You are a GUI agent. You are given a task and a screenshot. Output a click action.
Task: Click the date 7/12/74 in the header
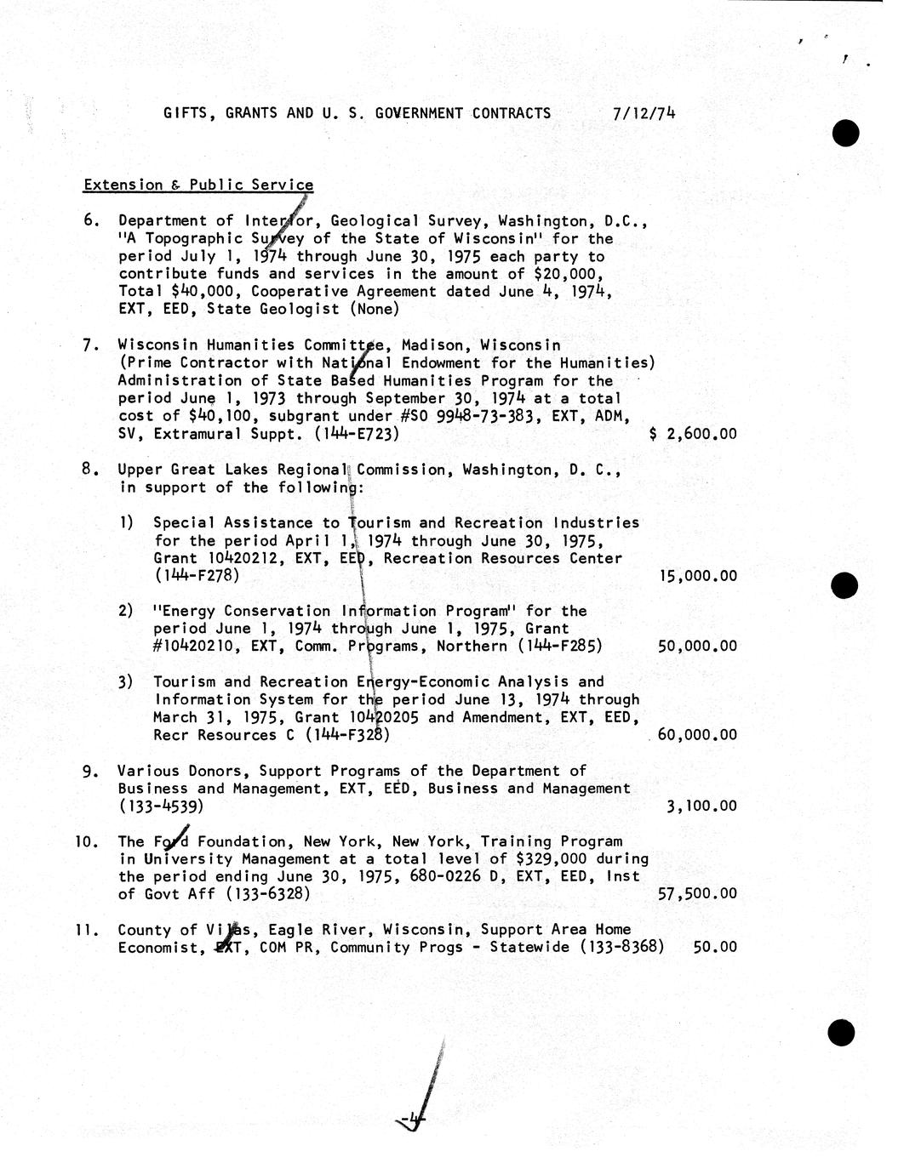[644, 113]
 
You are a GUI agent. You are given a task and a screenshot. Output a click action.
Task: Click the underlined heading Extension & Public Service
[198, 185]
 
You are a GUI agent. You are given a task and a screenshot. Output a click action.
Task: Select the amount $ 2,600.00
[693, 434]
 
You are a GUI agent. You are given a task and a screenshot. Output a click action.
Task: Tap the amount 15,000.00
[698, 576]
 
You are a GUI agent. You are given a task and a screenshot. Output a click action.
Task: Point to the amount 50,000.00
[698, 647]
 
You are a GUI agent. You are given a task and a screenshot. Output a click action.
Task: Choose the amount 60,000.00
[698, 735]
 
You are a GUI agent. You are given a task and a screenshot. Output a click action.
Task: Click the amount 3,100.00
[701, 806]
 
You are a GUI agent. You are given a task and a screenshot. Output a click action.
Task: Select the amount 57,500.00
[698, 894]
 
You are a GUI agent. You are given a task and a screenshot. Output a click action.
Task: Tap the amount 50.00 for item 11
[715, 947]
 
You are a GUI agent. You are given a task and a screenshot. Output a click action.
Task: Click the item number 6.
[91, 221]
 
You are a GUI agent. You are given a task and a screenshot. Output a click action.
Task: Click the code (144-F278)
[197, 576]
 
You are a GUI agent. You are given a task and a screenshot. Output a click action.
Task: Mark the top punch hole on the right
[844, 133]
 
